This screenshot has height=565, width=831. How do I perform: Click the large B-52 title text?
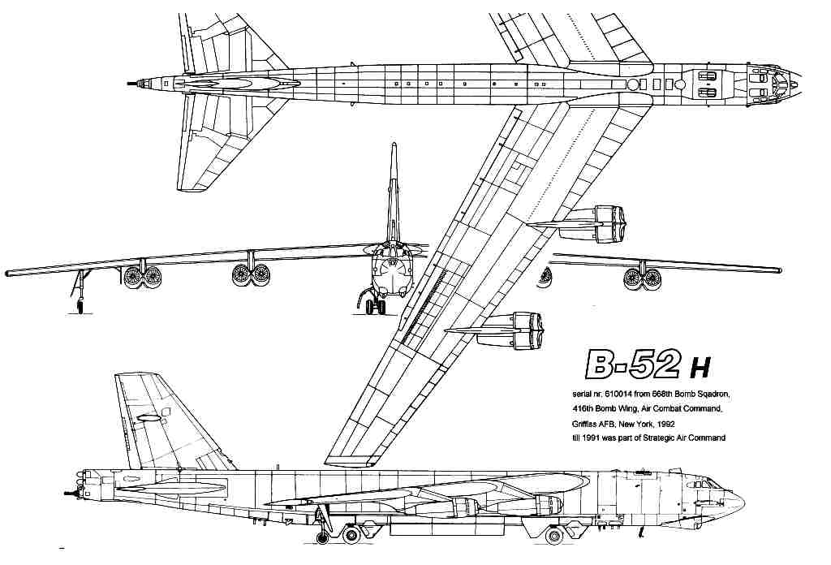coord(631,365)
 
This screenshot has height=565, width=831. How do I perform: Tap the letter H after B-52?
coord(700,370)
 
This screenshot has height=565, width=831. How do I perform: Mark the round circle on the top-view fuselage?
coord(634,84)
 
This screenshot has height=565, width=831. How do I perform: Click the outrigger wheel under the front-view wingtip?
coord(80,305)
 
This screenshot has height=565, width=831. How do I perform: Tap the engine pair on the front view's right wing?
coord(642,278)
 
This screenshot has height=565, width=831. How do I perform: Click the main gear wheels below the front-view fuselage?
coord(375,307)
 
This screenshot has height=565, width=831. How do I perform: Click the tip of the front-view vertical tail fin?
coord(394,147)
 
